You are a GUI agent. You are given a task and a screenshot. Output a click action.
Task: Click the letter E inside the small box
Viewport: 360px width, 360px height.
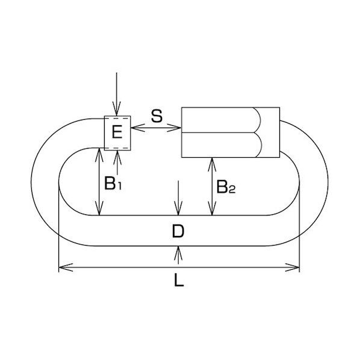click(x=117, y=132)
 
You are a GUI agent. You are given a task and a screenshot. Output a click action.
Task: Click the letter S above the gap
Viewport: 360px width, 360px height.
click(x=157, y=116)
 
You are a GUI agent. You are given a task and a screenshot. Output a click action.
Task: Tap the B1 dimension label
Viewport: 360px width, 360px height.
click(x=113, y=183)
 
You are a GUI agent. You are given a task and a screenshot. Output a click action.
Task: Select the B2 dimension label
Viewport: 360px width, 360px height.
click(x=226, y=187)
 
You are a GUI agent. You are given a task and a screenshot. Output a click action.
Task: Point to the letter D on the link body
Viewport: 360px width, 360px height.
click(x=178, y=231)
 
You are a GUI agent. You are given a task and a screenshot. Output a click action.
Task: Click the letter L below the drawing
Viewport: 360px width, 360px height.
click(x=179, y=281)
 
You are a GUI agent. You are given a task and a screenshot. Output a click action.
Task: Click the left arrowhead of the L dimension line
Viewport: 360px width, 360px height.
click(x=66, y=267)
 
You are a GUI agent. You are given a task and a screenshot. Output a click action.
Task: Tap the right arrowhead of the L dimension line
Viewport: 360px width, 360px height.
click(x=292, y=267)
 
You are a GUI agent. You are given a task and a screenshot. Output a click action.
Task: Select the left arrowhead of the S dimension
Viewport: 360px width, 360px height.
click(x=138, y=128)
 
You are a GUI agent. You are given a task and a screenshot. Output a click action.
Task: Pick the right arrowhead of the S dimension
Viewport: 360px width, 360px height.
click(x=174, y=128)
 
